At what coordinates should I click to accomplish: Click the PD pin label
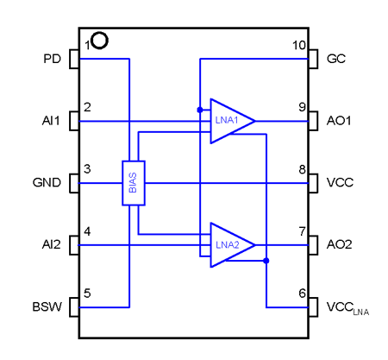point(52,59)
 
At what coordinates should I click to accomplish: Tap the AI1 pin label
point(51,121)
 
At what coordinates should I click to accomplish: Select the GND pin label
point(47,182)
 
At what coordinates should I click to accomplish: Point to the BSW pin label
point(47,306)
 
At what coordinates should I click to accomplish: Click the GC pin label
point(336,59)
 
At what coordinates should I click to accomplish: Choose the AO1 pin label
point(339,121)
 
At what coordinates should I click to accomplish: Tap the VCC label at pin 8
point(340,182)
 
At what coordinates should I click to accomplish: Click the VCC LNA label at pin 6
point(347,308)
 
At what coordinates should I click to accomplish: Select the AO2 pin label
point(339,244)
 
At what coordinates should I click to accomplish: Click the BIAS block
point(134,183)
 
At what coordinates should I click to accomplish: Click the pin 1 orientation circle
point(100,41)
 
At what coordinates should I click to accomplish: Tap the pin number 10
point(299,46)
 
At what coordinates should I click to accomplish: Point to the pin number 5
point(87,294)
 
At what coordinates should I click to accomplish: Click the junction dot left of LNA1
point(200,110)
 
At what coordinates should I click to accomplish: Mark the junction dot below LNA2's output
point(266,261)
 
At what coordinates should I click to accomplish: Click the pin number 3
point(87,169)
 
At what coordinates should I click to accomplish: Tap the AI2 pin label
point(51,244)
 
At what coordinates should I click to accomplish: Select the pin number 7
point(302,231)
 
